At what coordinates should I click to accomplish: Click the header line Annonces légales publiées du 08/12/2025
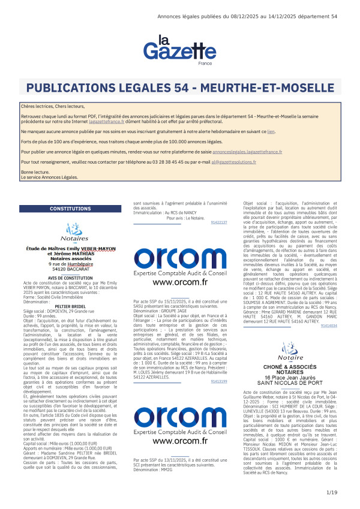[x=246, y=17]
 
